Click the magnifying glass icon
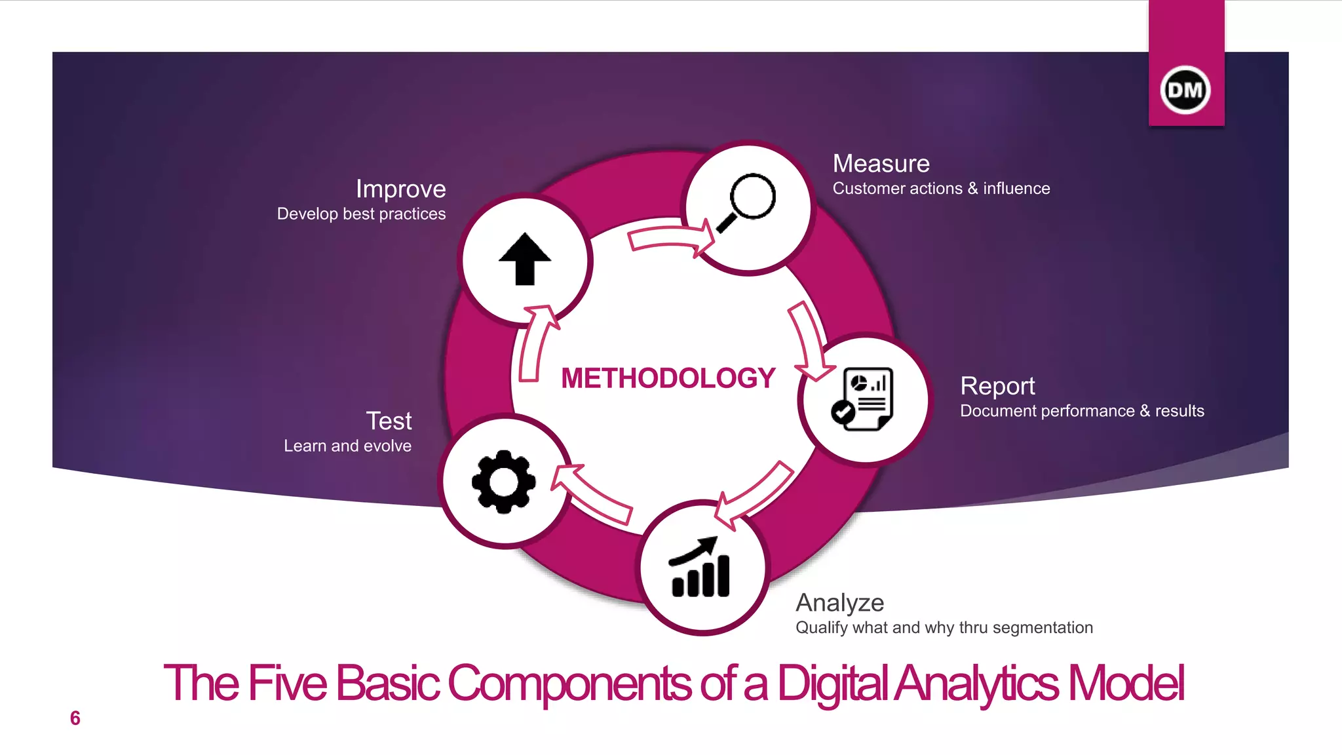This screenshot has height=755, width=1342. (747, 202)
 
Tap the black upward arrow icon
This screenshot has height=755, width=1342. (525, 260)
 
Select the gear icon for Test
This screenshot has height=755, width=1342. (503, 482)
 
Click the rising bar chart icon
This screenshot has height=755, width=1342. (700, 568)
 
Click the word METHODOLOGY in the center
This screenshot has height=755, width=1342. (668, 378)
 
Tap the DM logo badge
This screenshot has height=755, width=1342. (1185, 90)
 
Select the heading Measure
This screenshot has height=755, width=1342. (881, 163)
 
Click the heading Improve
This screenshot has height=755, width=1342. (400, 189)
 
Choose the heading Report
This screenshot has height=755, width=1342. (997, 386)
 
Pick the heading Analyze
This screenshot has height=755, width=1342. (839, 602)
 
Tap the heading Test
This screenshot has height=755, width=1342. (389, 421)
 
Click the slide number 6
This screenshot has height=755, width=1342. (75, 718)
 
